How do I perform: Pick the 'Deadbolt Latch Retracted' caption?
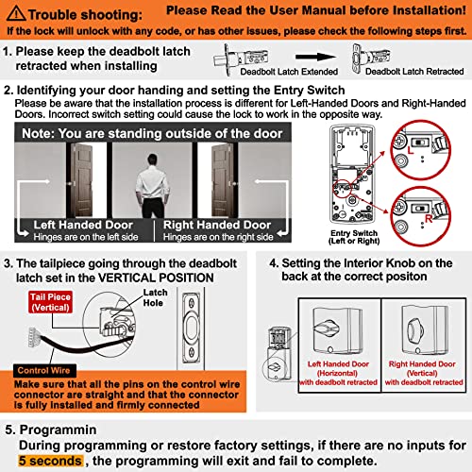(x=408, y=70)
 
